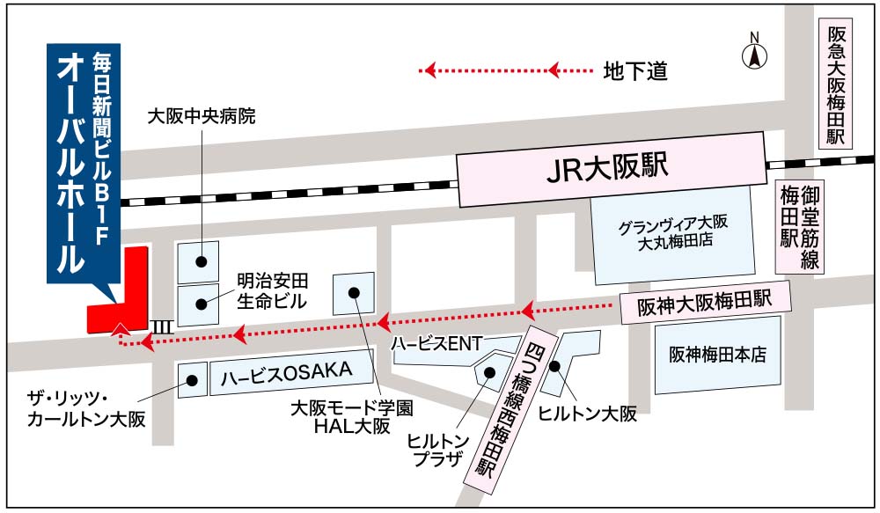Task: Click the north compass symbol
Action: [753, 54]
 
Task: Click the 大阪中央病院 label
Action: [202, 115]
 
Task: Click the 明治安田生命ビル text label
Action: [273, 292]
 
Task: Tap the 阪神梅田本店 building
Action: [717, 355]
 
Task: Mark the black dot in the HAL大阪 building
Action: [355, 293]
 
